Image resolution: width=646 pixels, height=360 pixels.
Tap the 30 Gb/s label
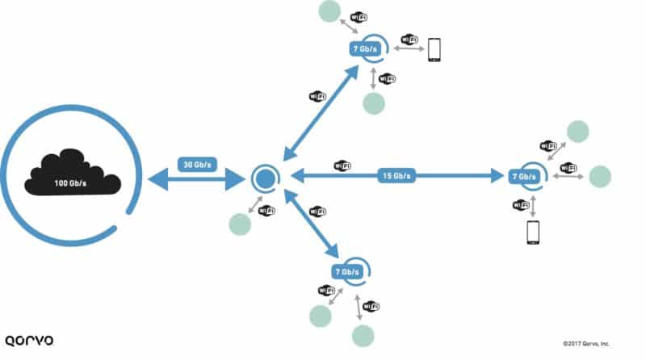[x=195, y=165]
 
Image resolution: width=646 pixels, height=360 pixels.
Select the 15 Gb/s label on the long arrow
[x=396, y=175]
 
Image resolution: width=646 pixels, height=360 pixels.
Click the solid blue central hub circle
[x=264, y=177]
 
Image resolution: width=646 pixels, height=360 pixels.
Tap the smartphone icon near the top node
[x=435, y=49]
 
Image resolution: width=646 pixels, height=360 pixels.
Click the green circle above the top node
[x=329, y=11]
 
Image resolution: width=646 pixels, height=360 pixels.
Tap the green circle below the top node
[x=373, y=103]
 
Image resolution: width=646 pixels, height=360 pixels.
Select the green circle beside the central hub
[x=240, y=224]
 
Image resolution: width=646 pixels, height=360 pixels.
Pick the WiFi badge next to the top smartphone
[x=409, y=39]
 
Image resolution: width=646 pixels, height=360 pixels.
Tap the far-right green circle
[x=600, y=176]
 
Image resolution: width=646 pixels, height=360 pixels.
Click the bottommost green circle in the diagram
[x=363, y=335]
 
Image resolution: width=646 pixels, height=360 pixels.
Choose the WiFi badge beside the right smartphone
[x=521, y=205]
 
